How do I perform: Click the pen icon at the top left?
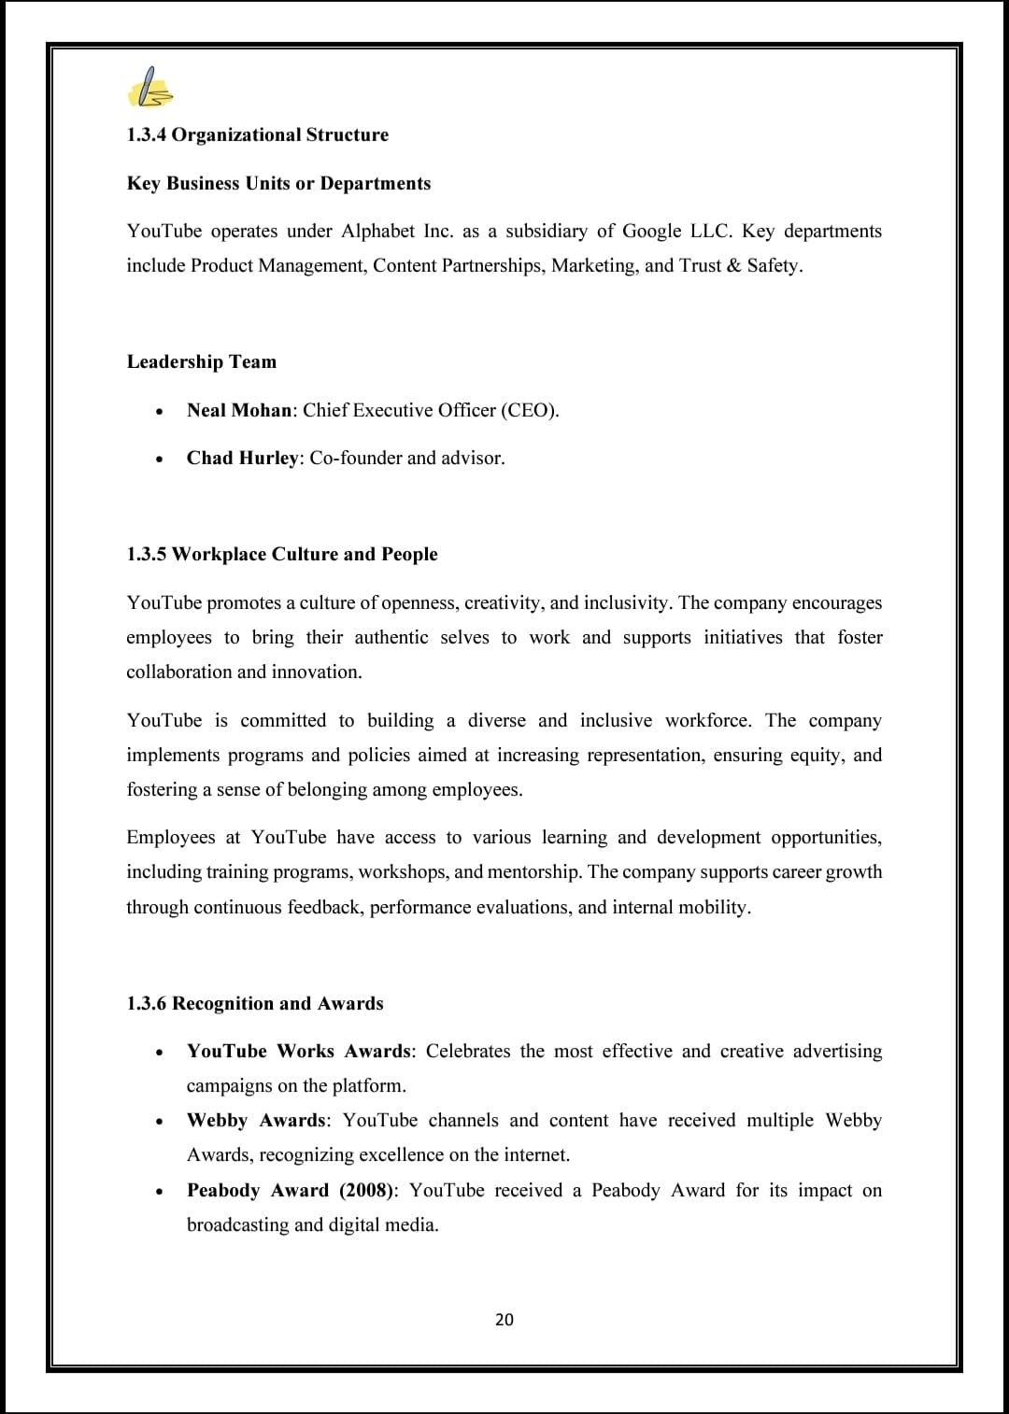pos(149,88)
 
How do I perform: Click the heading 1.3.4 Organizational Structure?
pos(257,134)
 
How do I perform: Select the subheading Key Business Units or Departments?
pos(278,183)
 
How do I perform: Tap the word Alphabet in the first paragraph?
pos(377,231)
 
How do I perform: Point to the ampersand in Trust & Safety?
pos(732,265)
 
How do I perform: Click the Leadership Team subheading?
pos(202,361)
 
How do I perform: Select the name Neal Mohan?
pos(239,410)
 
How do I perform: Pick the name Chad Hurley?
pos(242,458)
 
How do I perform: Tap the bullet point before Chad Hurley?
pos(161,459)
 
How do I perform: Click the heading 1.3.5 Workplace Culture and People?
pos(282,554)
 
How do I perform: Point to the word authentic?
pos(391,637)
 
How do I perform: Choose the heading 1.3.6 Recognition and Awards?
pos(255,1003)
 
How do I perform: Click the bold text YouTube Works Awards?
pos(298,1051)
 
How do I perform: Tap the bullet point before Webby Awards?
pos(161,1121)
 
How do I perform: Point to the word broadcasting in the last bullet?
pos(237,1224)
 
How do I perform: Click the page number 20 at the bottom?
pos(504,1319)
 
